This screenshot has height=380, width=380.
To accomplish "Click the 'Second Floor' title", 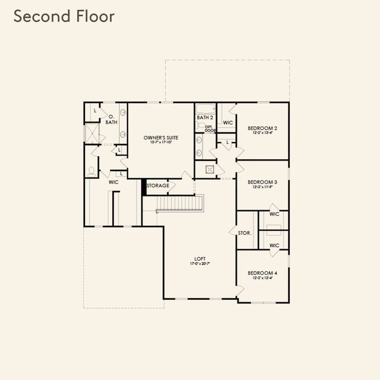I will (x=64, y=17).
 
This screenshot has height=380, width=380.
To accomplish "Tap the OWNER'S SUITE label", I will (x=161, y=138).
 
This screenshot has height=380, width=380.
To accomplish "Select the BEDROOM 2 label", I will (x=262, y=128).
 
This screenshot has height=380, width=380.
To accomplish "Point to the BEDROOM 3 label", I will (x=262, y=182).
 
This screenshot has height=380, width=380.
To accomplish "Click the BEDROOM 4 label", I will (x=262, y=273).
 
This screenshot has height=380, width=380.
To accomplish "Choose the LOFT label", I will (x=199, y=259).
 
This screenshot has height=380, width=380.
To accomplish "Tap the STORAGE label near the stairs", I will (x=158, y=186).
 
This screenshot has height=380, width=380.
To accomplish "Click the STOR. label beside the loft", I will (x=244, y=233).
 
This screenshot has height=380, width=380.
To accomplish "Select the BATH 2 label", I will (x=205, y=118).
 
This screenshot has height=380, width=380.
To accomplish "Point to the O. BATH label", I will (x=111, y=119).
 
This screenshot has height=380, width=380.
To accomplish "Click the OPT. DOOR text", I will (x=210, y=128).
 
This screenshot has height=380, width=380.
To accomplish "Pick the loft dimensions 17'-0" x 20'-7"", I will (x=199, y=264).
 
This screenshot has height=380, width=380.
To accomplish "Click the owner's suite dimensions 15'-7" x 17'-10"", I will (x=161, y=142).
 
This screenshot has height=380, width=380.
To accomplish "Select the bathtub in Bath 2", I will (x=205, y=109).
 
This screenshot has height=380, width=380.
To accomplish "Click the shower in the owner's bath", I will (x=92, y=132).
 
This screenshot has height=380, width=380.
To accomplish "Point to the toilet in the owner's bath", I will (x=91, y=171).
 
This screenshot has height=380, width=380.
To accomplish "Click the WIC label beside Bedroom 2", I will (x=227, y=123).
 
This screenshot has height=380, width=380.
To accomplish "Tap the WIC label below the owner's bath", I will (x=113, y=182).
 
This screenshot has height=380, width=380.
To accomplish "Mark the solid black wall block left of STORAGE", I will (x=144, y=186).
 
